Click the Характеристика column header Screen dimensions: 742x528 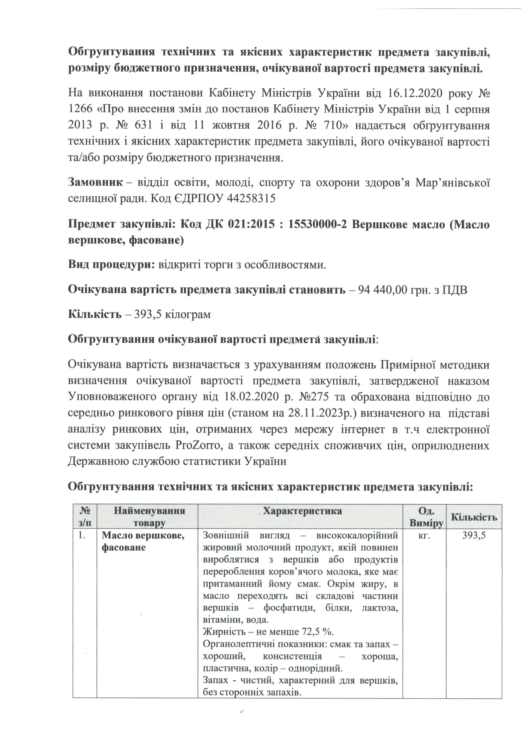(302, 511)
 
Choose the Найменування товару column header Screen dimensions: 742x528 (149, 517)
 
